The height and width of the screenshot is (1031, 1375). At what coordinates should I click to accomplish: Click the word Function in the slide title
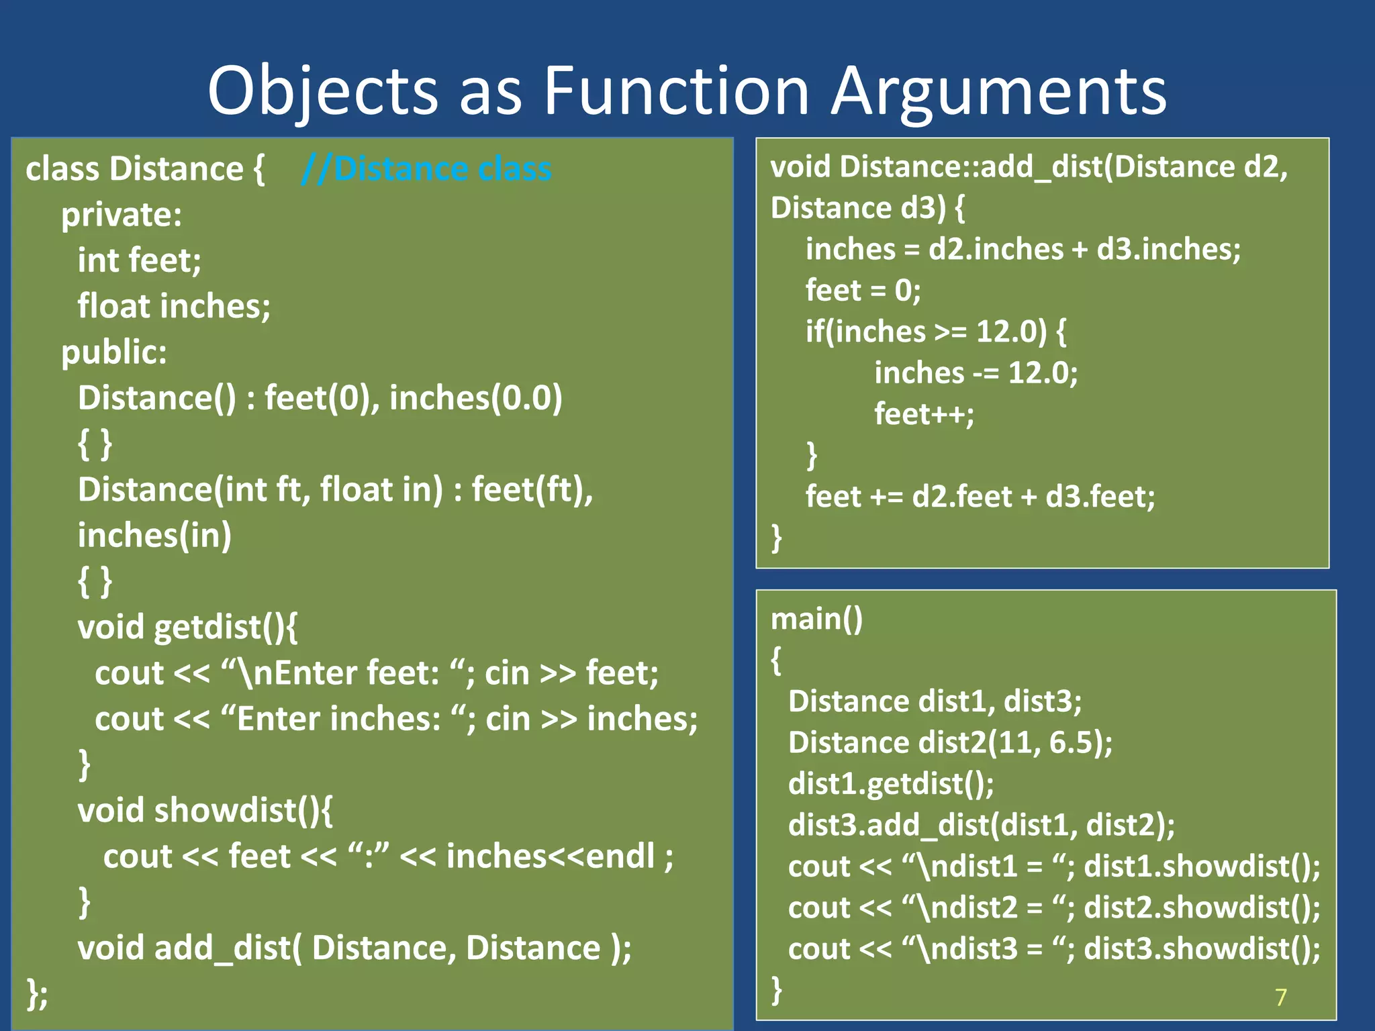pyautogui.click(x=676, y=91)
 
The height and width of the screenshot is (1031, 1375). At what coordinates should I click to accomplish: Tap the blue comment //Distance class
pyautogui.click(x=427, y=168)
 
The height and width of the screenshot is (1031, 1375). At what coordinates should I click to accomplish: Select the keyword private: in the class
pyautogui.click(x=122, y=215)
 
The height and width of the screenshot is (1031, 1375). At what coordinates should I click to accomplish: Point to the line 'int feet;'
pyautogui.click(x=139, y=260)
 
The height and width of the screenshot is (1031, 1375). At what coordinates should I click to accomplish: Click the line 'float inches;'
pyautogui.click(x=174, y=306)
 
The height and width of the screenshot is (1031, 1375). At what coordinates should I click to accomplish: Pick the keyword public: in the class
pyautogui.click(x=114, y=352)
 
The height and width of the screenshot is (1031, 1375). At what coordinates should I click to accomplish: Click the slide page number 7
pyautogui.click(x=1280, y=997)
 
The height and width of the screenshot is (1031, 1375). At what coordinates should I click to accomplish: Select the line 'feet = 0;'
pyautogui.click(x=863, y=291)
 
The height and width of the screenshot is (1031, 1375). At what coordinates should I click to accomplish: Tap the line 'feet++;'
pyautogui.click(x=924, y=414)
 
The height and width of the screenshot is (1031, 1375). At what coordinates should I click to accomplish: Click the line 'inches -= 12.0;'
pyautogui.click(x=976, y=373)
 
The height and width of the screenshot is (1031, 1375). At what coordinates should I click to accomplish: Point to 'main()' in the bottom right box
pyautogui.click(x=816, y=619)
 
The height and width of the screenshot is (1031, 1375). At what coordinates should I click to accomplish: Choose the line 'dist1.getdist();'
pyautogui.click(x=891, y=784)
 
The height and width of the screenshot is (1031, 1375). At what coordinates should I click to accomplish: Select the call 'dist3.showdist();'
pyautogui.click(x=1202, y=948)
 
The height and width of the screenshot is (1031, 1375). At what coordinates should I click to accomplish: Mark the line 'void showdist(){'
pyautogui.click(x=205, y=811)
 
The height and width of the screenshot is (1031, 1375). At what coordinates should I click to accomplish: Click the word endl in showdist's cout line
pyautogui.click(x=620, y=856)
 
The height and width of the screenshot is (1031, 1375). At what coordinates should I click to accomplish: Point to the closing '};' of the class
pyautogui.click(x=37, y=994)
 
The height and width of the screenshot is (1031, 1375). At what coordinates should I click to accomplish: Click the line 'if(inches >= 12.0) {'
pyautogui.click(x=935, y=332)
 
